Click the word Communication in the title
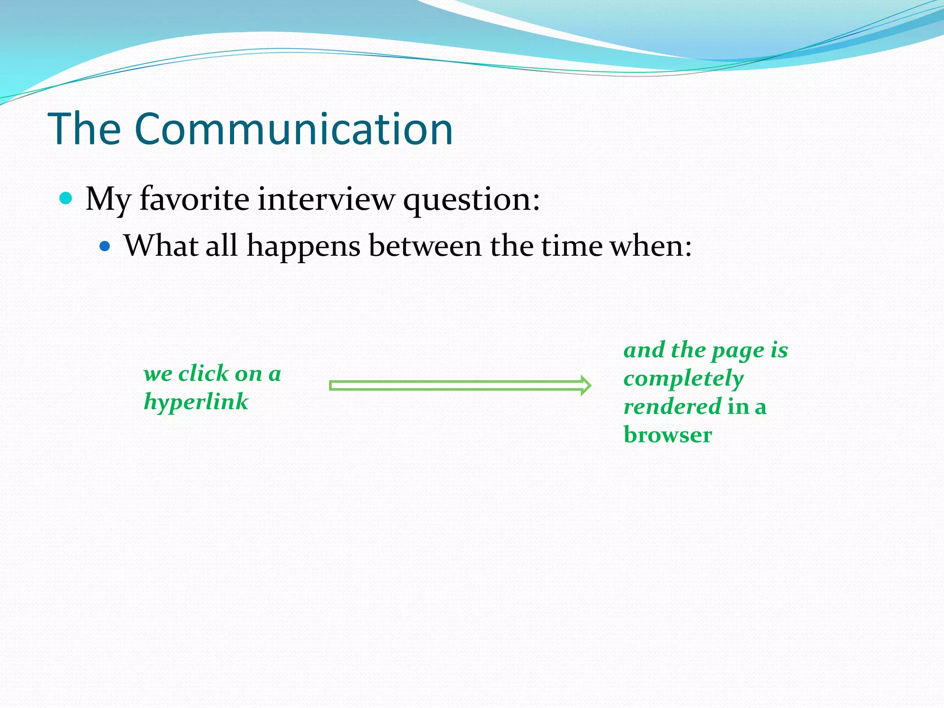(x=294, y=130)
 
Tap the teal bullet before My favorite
(x=66, y=198)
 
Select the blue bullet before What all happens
(x=105, y=246)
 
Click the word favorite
(x=194, y=199)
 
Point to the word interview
(x=326, y=199)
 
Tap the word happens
(x=303, y=247)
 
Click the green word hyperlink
(x=196, y=402)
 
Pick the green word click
(x=203, y=373)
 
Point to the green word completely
(x=684, y=379)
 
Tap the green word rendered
(x=672, y=407)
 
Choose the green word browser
(x=667, y=435)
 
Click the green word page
(x=737, y=351)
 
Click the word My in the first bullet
(x=108, y=200)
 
